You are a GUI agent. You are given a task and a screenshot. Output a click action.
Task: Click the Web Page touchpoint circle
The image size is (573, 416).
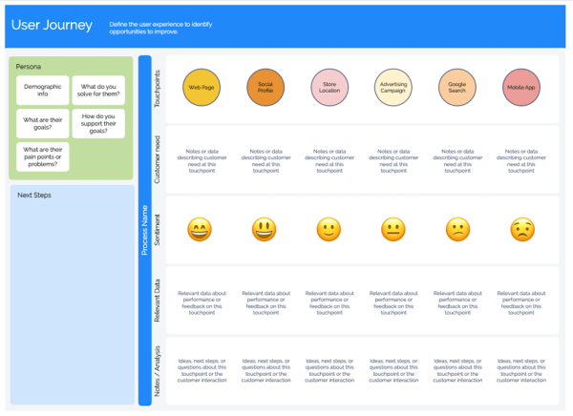coord(202,88)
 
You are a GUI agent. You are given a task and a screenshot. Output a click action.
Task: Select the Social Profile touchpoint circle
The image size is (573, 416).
coord(265,88)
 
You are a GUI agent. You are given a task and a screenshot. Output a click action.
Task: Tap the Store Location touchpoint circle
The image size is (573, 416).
coord(329,88)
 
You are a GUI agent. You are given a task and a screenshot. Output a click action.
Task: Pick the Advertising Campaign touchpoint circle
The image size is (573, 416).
coord(393,88)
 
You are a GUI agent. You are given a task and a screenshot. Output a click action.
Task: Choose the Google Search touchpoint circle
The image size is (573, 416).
coord(457,88)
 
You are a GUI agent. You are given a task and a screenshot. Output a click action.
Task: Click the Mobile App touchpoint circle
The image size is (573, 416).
coord(521,88)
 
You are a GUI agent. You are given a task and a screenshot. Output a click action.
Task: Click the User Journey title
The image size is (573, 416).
coord(52,26)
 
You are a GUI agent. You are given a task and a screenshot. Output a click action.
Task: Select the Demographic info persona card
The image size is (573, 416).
coord(43,91)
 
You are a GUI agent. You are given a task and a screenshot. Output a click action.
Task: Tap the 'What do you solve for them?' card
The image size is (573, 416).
coord(98,91)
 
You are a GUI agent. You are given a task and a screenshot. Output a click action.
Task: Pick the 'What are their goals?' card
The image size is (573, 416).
coord(43,124)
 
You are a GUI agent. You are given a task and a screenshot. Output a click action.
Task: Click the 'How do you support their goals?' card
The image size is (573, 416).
coord(98,124)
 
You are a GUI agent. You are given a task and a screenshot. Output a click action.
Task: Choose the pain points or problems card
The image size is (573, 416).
coord(43,156)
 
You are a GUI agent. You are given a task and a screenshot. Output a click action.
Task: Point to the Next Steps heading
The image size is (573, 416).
coord(34,196)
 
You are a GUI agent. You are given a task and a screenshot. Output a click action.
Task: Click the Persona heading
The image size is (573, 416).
coord(29,67)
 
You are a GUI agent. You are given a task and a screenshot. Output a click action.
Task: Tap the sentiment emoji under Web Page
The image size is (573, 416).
coord(200,229)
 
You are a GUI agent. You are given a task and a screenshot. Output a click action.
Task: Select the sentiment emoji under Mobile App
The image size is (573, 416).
coord(521,229)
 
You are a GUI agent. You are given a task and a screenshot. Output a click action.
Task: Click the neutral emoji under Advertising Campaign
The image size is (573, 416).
coord(393,229)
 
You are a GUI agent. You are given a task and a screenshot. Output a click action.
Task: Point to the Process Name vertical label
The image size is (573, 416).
coord(145,230)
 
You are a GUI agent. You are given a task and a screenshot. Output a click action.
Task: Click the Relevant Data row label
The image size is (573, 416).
coord(158,300)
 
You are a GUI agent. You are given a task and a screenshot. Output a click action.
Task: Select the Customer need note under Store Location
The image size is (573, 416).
coord(329,160)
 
